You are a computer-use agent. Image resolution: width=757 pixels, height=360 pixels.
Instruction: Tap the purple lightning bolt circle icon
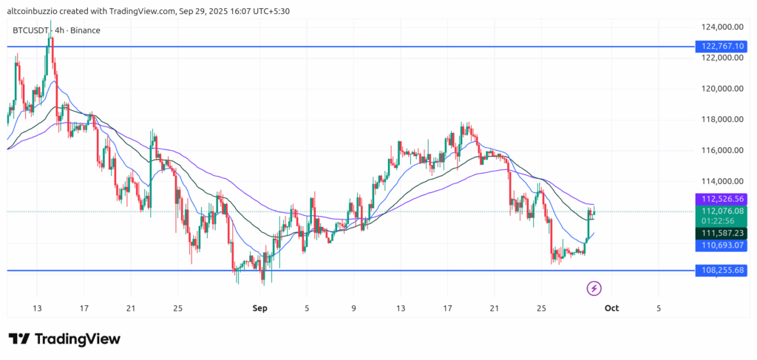(x=594, y=288)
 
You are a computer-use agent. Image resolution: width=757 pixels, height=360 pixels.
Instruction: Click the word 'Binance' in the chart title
(x=85, y=30)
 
